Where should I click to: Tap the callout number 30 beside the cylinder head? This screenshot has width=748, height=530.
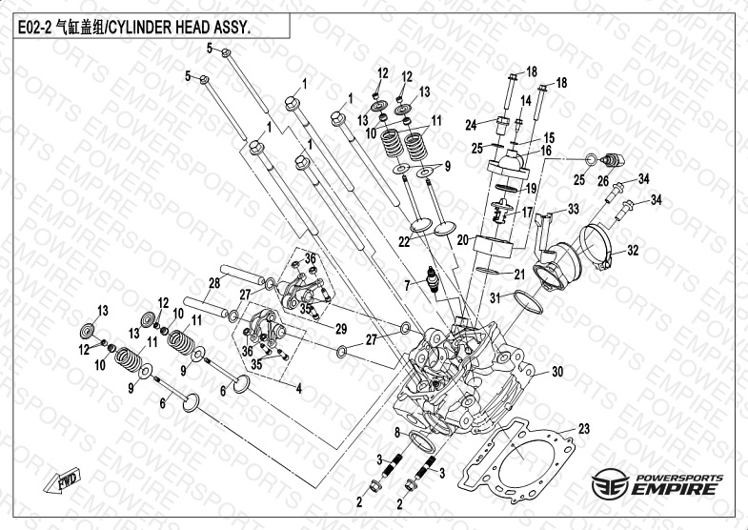tap(558, 372)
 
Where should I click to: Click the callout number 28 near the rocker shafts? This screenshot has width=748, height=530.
tap(214, 282)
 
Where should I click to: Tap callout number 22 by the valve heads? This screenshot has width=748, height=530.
tap(404, 242)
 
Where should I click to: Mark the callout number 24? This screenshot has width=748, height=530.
tap(470, 125)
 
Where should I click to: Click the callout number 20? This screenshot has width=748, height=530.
tap(463, 240)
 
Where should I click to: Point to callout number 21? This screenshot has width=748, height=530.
tap(519, 275)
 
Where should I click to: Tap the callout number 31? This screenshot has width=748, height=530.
tap(495, 299)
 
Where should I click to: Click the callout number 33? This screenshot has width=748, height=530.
tap(574, 209)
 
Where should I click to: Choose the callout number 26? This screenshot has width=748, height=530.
tap(603, 180)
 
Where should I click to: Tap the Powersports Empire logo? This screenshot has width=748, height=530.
tap(657, 483)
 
